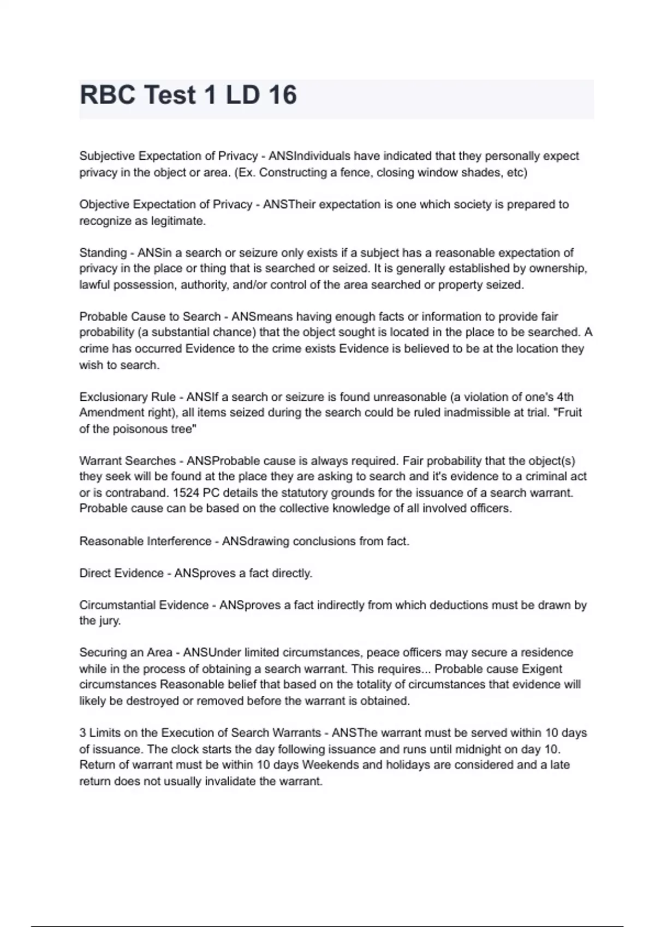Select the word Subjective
coord(107,156)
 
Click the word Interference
coord(179,541)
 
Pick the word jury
coord(109,621)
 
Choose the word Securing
coord(102,653)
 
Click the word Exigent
coord(542,669)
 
